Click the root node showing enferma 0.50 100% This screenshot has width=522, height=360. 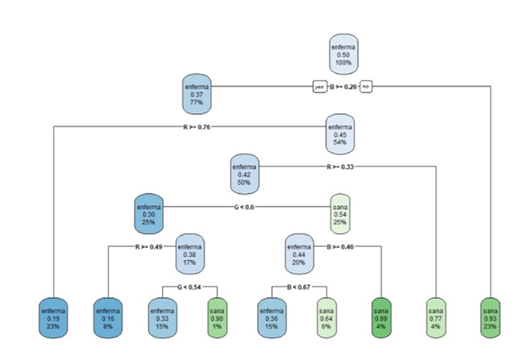(344, 54)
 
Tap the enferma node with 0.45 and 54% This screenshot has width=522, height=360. (340, 134)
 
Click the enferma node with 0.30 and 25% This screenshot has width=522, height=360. (149, 214)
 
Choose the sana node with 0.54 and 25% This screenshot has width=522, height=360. (341, 214)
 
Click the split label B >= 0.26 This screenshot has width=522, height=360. (343, 87)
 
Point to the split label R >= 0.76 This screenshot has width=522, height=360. (197, 127)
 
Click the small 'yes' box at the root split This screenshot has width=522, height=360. (319, 87)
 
